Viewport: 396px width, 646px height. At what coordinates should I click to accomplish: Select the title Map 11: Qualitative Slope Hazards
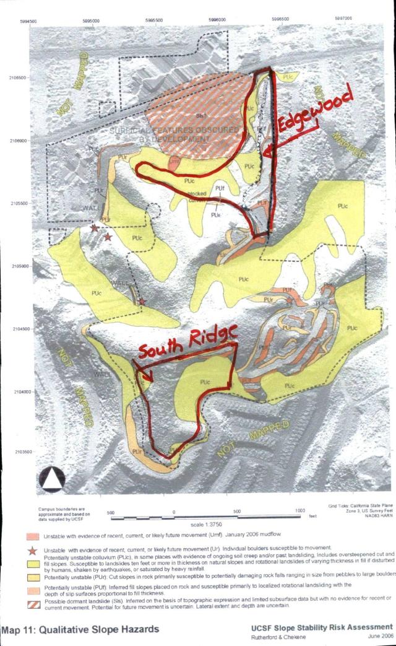[81, 629]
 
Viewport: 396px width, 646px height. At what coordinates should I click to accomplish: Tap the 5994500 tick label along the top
[28, 20]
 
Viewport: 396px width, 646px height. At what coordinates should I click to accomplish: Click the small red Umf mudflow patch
[174, 162]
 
